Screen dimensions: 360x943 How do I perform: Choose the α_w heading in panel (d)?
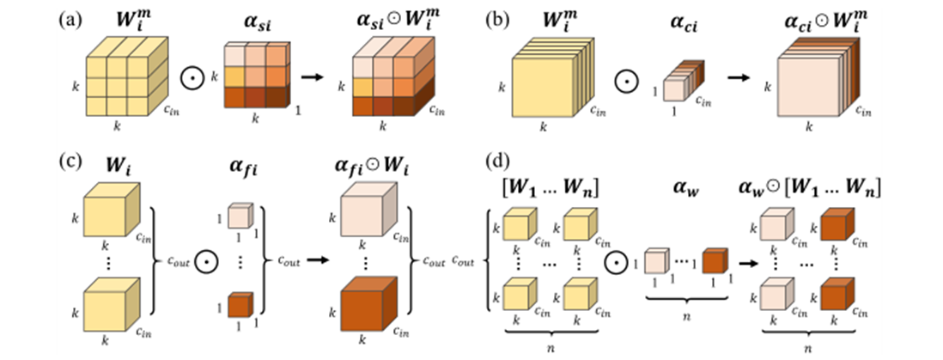(686, 183)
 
